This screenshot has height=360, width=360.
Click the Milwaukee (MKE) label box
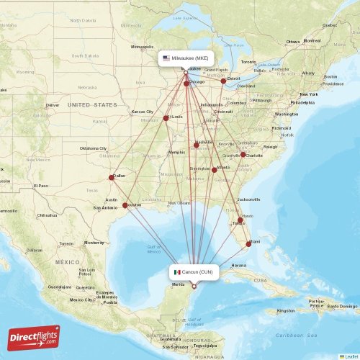[x=185, y=58]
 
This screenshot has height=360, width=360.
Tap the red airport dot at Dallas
[x=112, y=177]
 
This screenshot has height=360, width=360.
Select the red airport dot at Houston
[x=126, y=205]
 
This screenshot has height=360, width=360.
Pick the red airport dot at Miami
[x=248, y=243]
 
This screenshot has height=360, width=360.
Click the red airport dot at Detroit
[x=223, y=81]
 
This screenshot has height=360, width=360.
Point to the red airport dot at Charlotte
[x=243, y=155]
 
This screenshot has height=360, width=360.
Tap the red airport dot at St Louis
[x=166, y=118]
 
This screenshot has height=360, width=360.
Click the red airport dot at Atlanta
[x=214, y=170]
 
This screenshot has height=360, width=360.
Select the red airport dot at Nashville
[x=196, y=145]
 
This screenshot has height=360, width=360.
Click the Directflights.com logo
[x=34, y=337]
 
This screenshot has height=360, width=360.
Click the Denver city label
[x=52, y=105]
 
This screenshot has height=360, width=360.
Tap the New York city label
[x=308, y=94]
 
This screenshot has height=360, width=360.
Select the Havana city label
[x=238, y=265]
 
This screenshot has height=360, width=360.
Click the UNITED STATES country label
[x=92, y=105]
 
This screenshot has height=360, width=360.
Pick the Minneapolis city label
[x=142, y=47]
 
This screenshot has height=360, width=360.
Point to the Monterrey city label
[x=94, y=243]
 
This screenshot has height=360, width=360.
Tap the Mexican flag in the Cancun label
[x=176, y=272]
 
